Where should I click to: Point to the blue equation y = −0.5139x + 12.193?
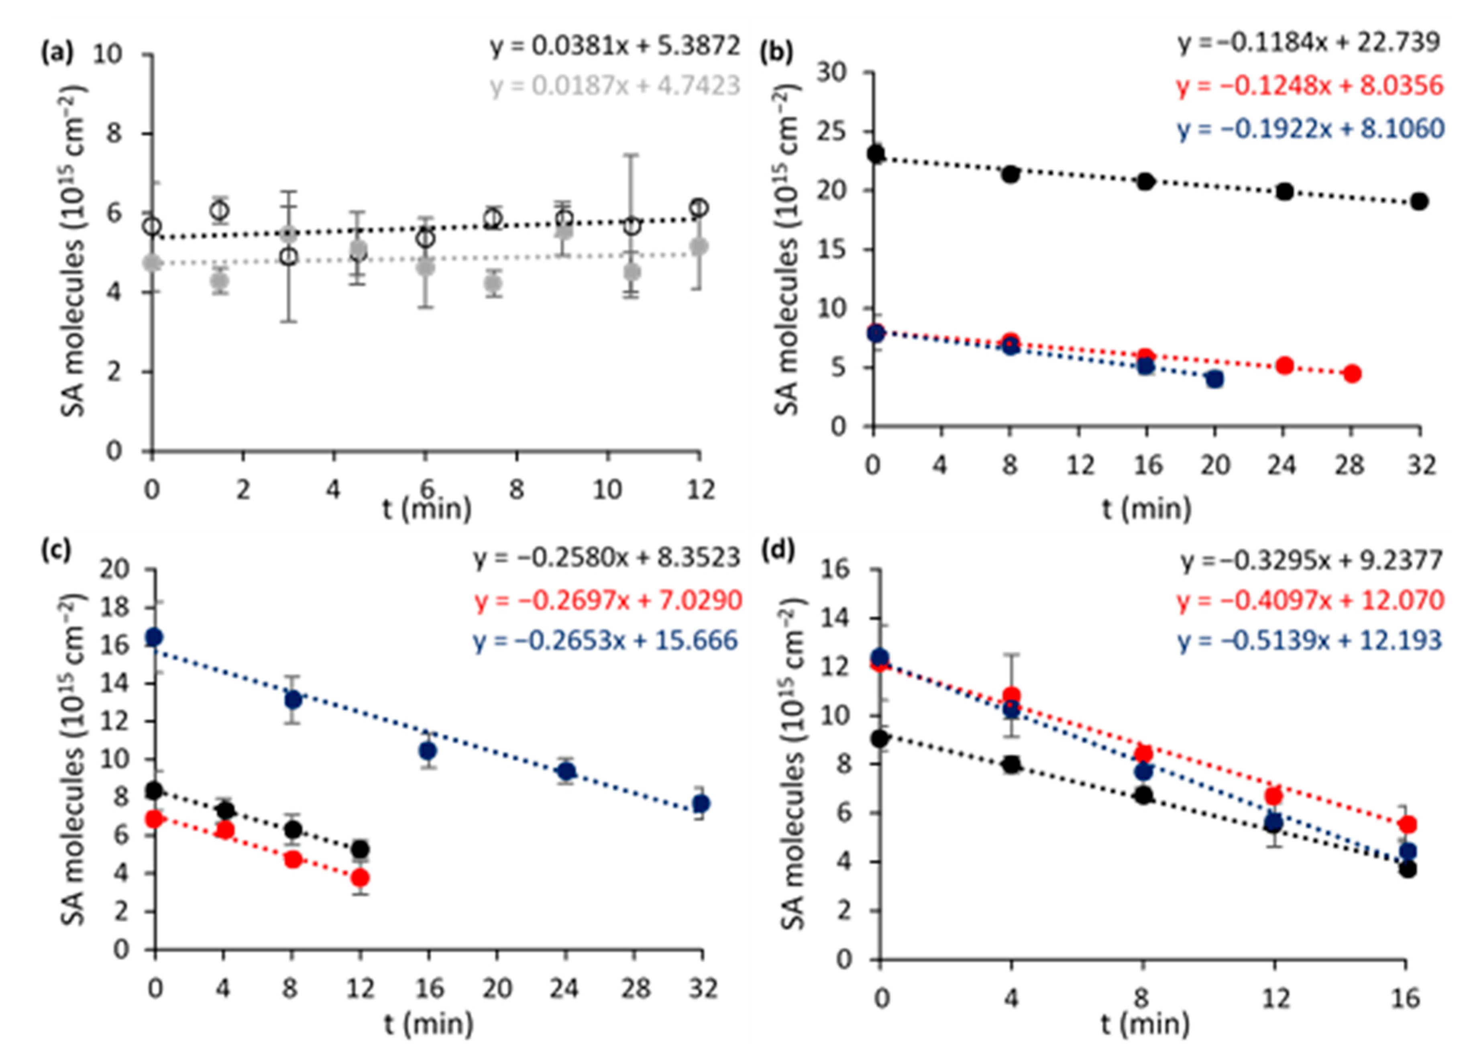coord(1309,640)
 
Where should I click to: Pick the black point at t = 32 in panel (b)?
coord(1419,201)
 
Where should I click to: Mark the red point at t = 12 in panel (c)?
coord(361,877)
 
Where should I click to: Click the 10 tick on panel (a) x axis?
coord(607,490)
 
